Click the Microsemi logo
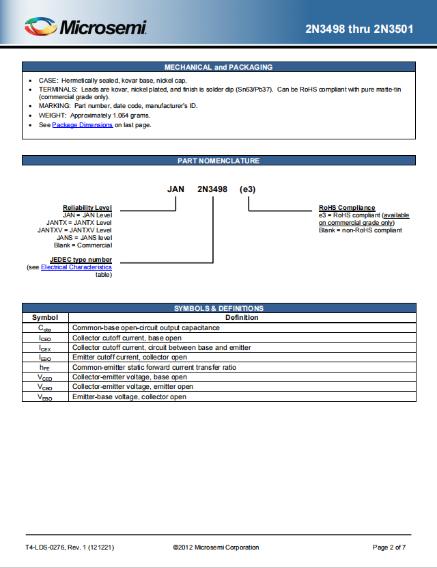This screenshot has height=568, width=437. point(85,27)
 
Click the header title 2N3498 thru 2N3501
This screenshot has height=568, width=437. point(359,29)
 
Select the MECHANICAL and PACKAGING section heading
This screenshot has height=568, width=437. point(218,67)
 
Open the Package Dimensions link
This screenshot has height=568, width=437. point(83,125)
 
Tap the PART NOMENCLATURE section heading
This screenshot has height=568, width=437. point(218,161)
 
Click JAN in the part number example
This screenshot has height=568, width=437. point(176,189)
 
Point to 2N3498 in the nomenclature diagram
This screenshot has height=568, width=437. point(212,189)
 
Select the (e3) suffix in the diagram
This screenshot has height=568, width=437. point(248,189)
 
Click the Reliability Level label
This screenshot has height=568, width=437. point(87,208)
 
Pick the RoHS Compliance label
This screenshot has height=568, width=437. point(347,208)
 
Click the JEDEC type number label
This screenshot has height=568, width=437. point(81,260)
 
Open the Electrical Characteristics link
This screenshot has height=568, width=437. point(76,267)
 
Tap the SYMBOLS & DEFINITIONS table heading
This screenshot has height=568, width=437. point(218,308)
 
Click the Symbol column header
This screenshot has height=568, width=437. point(45,317)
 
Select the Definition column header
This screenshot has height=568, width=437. point(242,317)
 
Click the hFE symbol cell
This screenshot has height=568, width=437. point(45,367)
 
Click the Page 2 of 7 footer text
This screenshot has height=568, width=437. point(389,547)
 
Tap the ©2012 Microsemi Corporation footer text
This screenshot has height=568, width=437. point(216,547)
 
